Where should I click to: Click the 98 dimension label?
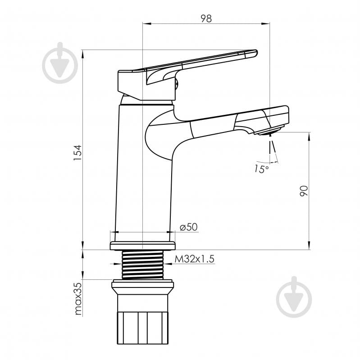pyautogui.click(x=206, y=18)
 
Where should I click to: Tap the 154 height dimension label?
pyautogui.click(x=77, y=153)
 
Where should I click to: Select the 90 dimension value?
pyautogui.click(x=304, y=191)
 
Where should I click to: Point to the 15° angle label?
pyautogui.click(x=261, y=169)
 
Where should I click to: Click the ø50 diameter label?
pyautogui.click(x=189, y=227)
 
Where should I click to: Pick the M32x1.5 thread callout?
pyautogui.click(x=195, y=259)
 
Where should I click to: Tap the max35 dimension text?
pyautogui.click(x=78, y=299)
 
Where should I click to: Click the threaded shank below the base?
pyautogui.click(x=142, y=264)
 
